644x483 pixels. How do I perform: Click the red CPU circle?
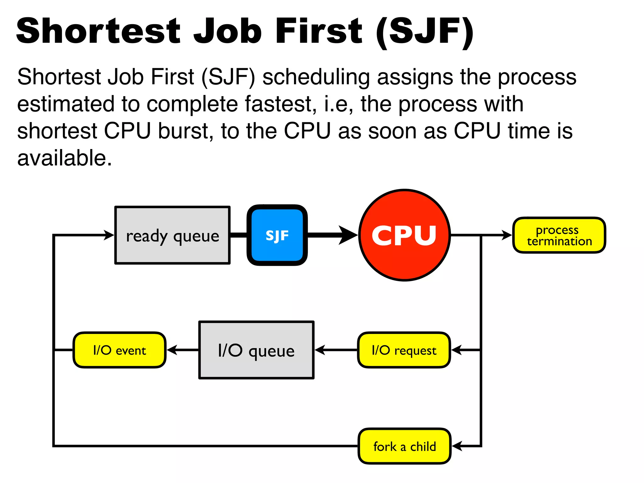pos(404,235)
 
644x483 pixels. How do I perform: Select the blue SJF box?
pos(277,235)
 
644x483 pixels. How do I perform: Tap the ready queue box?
pos(172,235)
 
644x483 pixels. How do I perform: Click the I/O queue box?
pos(256,350)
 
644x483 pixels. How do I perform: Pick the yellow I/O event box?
pos(119,350)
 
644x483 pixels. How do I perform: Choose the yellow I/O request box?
pos(404,350)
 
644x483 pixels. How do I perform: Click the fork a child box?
pos(405,446)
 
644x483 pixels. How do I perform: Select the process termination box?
pos(559,235)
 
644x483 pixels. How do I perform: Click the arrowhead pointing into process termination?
pos(507,235)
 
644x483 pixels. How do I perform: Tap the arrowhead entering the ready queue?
pos(109,235)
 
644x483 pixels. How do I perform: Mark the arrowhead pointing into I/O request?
pos(456,350)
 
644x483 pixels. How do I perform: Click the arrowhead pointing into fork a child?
pos(457,446)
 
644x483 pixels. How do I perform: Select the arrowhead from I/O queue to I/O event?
pos(172,350)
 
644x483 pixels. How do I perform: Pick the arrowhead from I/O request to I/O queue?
pos(320,350)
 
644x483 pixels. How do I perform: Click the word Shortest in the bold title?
pos(98,31)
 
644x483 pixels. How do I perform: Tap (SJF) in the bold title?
pos(425,32)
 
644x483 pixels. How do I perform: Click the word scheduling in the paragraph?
pos(316,77)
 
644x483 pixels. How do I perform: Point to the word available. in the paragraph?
pos(64,158)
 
